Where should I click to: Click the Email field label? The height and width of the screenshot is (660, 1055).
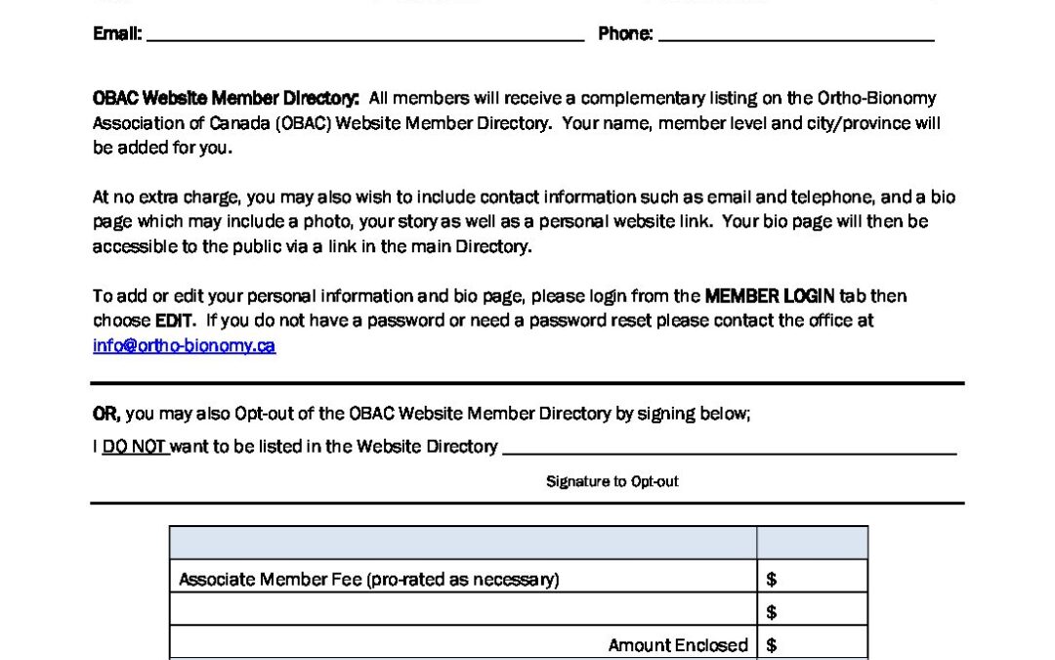coord(117,34)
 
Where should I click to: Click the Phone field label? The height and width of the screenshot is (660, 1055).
coord(625,34)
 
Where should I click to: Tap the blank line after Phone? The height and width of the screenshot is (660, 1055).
coord(796,37)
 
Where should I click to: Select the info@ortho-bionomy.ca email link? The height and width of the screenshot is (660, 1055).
coord(184,346)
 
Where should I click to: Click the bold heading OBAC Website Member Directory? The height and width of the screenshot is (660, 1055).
coord(226,98)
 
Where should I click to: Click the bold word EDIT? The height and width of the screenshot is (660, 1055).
coord(176,321)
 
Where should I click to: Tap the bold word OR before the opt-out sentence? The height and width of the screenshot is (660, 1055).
coord(105,414)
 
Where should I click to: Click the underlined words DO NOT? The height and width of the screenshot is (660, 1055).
coord(135,447)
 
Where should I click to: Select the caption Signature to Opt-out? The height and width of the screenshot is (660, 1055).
coord(612,481)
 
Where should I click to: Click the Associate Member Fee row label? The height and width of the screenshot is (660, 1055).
coord(368,579)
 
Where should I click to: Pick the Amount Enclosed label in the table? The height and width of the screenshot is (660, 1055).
coord(678,645)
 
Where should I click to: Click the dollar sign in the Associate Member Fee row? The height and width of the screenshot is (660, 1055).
coord(772,579)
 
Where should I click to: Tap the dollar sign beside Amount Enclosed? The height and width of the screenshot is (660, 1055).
coord(772,645)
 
